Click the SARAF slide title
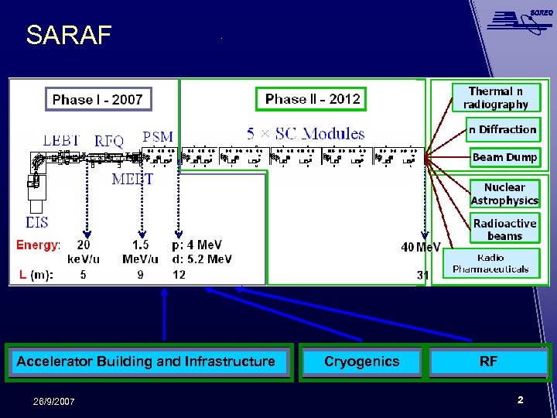click(x=69, y=36)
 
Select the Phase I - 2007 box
click(x=97, y=99)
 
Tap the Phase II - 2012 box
click(x=312, y=99)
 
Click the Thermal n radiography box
click(x=496, y=98)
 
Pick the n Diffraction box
click(x=502, y=129)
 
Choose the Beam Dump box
click(x=504, y=157)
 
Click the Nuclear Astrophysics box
click(x=504, y=194)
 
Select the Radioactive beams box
click(x=504, y=230)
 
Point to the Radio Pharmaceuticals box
click(x=490, y=263)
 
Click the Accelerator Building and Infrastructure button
click(x=146, y=361)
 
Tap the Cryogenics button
click(x=361, y=361)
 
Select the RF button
click(x=488, y=361)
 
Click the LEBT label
click(x=61, y=140)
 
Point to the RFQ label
click(x=109, y=141)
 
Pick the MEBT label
click(x=132, y=180)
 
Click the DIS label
click(x=36, y=223)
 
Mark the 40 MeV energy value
click(x=420, y=247)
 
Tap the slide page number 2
click(x=520, y=400)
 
